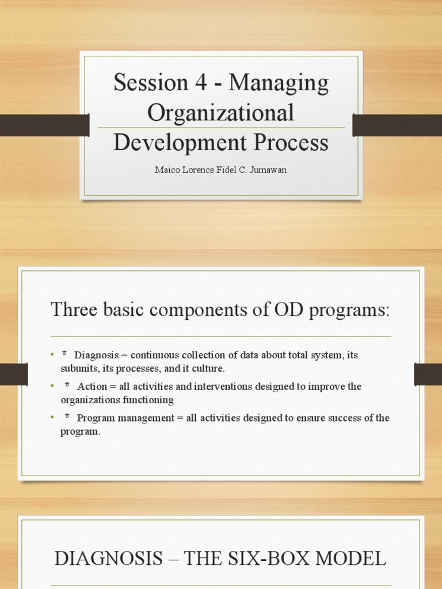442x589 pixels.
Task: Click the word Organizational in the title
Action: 221,113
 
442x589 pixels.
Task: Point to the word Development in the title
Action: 180,143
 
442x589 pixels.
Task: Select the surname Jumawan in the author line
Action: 268,170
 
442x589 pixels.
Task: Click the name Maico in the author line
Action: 166,170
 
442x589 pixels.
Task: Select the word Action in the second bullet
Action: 92,387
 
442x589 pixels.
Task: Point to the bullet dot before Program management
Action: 52,418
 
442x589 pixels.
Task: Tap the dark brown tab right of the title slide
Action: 397,125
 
